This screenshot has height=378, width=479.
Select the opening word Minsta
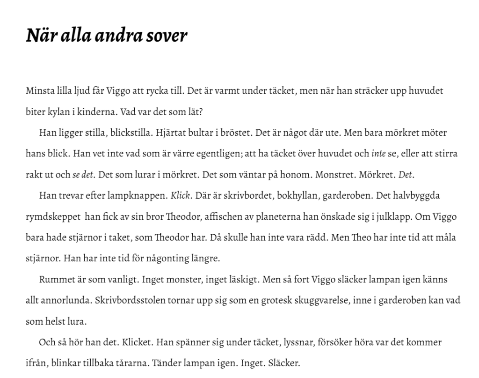pyautogui.click(x=39, y=90)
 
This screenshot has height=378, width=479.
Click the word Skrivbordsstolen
pyautogui.click(x=130, y=300)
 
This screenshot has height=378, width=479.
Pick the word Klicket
pyautogui.click(x=138, y=342)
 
